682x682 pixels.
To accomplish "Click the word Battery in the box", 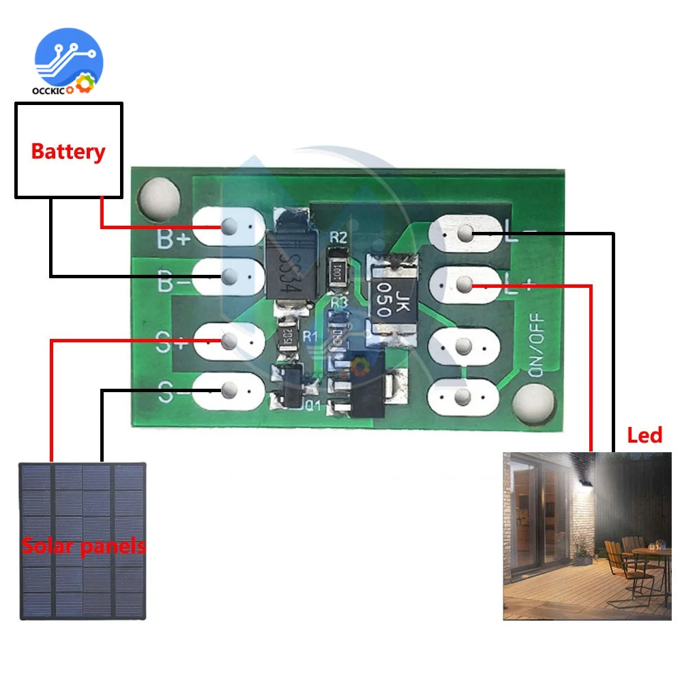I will point(68,151).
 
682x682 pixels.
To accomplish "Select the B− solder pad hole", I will point(230,276).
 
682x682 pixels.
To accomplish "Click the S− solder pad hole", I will point(230,389).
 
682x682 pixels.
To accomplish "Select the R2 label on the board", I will point(338,238).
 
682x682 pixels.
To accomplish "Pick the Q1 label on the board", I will point(312,408).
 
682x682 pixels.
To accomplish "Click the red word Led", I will point(644,435).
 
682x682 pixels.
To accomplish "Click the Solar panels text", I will point(83,546).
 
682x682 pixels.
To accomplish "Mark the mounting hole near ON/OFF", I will point(534,402).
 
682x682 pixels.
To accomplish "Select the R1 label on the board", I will point(310,335).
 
